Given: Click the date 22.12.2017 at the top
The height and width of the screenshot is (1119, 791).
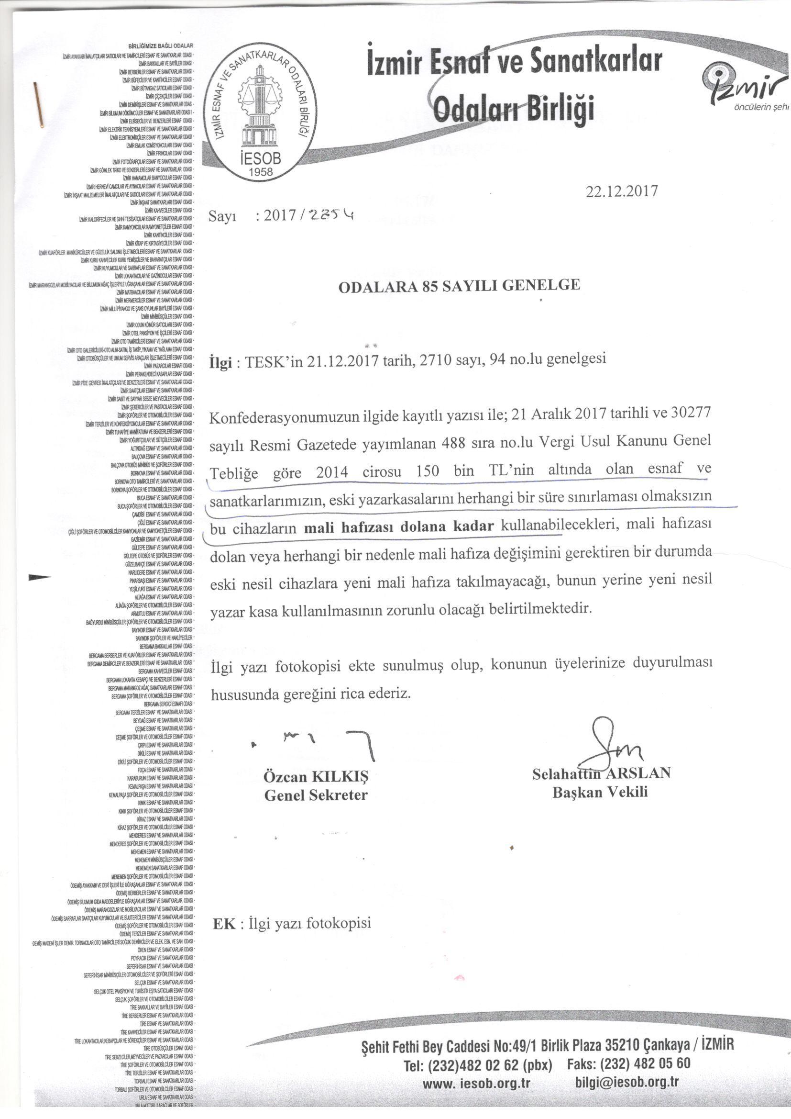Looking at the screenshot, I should click(622, 191).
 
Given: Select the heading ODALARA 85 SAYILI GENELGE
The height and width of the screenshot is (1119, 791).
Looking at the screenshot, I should click(459, 286).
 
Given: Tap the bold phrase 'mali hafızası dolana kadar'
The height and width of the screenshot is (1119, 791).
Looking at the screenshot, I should click(399, 526).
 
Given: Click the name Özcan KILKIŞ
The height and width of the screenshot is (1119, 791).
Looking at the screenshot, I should click(316, 776).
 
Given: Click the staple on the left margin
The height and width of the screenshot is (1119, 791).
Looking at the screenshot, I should click(39, 104).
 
